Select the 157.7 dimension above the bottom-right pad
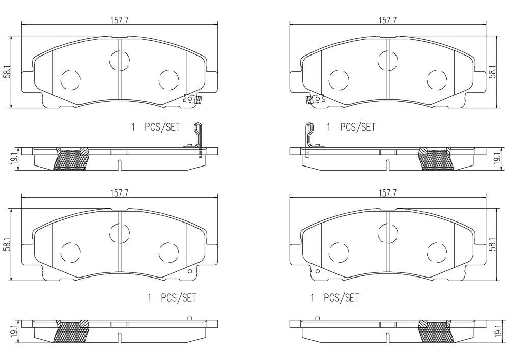tap(387, 192)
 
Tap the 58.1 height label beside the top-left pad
tap(7, 72)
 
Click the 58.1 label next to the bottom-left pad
tap(7, 244)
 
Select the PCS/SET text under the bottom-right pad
tap(343, 298)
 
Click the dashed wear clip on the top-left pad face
tap(192, 99)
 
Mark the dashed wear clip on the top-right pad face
tap(315, 99)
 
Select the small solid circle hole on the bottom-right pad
tap(318, 271)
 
